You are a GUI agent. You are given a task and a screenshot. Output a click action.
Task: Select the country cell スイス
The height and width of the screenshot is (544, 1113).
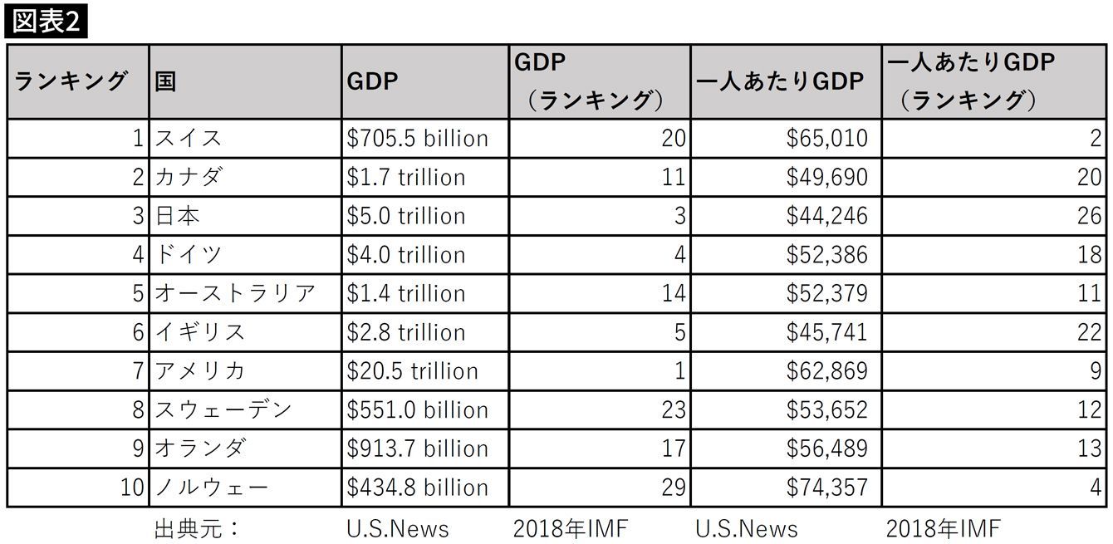[x=189, y=138]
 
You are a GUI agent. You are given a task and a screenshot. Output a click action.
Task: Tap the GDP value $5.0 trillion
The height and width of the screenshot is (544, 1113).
[x=405, y=216]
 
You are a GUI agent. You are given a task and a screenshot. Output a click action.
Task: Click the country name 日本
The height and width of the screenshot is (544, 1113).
[x=178, y=216]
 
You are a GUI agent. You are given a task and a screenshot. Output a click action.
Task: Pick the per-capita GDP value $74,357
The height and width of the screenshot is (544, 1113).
[x=827, y=488]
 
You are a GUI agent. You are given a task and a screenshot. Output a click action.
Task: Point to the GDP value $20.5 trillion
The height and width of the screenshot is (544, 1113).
[x=412, y=371]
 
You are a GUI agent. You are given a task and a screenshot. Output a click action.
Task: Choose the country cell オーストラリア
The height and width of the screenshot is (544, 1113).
[x=235, y=293]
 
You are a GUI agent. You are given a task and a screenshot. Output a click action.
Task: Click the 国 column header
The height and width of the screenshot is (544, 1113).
[x=166, y=81]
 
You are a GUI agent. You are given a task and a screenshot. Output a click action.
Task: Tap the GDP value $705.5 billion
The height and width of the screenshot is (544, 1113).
[x=417, y=138]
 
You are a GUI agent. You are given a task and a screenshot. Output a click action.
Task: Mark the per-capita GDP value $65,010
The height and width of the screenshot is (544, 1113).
[x=827, y=138]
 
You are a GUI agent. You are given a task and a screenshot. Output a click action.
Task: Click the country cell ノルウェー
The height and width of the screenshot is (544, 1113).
[x=212, y=488]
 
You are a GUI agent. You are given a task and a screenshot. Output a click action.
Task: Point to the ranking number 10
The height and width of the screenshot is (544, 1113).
[x=132, y=488]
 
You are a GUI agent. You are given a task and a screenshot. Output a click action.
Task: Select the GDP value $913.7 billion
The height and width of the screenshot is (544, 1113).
[x=417, y=448]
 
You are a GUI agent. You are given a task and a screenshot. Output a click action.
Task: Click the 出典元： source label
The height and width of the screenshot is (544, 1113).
[x=198, y=528]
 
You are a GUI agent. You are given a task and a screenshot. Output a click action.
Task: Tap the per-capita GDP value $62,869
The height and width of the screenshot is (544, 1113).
[x=827, y=371]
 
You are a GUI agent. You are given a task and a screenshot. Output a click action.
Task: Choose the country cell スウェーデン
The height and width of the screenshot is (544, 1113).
[x=223, y=409]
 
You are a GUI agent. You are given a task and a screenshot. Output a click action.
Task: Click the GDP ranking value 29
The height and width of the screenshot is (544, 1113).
[x=674, y=488]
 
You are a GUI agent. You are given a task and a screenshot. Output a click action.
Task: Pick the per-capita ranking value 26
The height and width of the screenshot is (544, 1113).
[x=1089, y=216]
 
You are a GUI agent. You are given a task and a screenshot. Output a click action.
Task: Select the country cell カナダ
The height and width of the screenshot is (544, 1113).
[x=189, y=177]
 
